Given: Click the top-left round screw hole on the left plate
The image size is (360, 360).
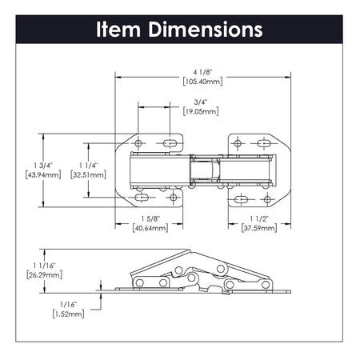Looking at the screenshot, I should click(138, 143).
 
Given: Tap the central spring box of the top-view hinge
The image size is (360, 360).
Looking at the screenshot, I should click(205, 170).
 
